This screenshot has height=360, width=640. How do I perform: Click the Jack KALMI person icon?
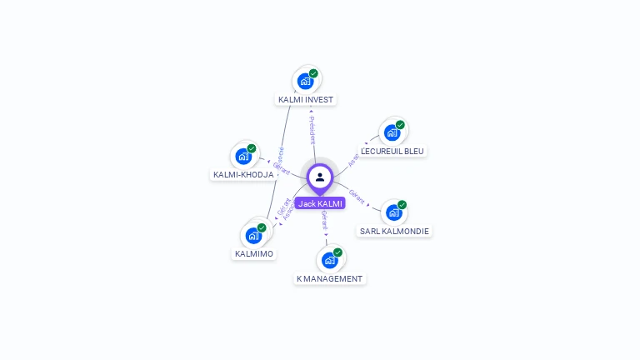pyautogui.click(x=320, y=177)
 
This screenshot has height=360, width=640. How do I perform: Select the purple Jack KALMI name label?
pyautogui.click(x=320, y=203)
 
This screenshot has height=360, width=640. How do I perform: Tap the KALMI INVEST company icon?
pyautogui.click(x=306, y=81)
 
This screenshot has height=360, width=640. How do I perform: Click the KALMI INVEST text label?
pyautogui.click(x=306, y=100)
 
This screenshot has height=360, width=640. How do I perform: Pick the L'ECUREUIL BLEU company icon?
pyautogui.click(x=392, y=132)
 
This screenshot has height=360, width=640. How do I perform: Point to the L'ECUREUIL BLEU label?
pyautogui.click(x=392, y=152)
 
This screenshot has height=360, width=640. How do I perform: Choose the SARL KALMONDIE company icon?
pyautogui.click(x=393, y=212)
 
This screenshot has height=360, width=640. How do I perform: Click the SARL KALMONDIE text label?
pyautogui.click(x=395, y=231)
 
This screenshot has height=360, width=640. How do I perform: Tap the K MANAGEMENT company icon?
pyautogui.click(x=329, y=260)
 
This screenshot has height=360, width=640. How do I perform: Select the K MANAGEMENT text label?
pyautogui.click(x=330, y=278)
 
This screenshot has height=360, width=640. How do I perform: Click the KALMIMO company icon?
pyautogui.click(x=253, y=236)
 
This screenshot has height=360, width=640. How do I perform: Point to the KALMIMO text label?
pyautogui.click(x=254, y=253)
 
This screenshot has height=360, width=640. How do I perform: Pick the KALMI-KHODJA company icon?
pyautogui.click(x=243, y=156)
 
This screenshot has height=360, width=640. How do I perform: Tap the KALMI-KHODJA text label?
pyautogui.click(x=243, y=175)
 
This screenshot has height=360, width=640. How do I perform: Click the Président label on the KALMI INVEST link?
pyautogui.click(x=312, y=130)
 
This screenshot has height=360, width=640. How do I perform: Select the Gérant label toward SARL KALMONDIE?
pyautogui.click(x=357, y=197)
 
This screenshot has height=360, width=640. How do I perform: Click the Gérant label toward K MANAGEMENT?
pyautogui.click(x=324, y=221)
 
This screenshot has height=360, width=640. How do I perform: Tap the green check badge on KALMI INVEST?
pyautogui.click(x=313, y=73)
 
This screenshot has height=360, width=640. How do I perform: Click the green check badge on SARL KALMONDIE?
pyautogui.click(x=402, y=204)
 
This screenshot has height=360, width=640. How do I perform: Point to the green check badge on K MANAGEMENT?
pyautogui.click(x=337, y=252)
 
